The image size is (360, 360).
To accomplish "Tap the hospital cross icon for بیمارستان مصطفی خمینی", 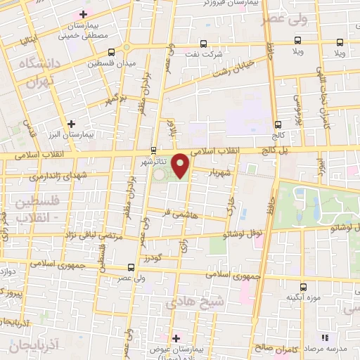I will coord(84,14).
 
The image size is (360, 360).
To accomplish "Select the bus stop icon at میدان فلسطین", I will coord(111,52).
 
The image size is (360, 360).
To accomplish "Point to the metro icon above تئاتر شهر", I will coord(154,149).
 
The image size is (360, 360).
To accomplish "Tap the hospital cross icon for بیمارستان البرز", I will coord(72,123).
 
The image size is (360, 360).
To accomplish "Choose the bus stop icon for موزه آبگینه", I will coord(303,287).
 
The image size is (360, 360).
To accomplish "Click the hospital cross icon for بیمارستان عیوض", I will coord(176,338).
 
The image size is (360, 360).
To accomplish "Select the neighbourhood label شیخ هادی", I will coord(191,302).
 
